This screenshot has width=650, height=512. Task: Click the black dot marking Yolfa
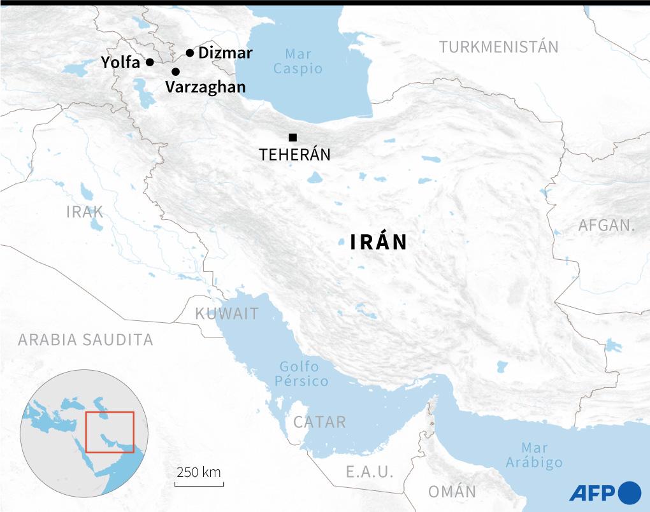[x=150, y=62]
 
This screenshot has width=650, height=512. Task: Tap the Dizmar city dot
[x=189, y=53]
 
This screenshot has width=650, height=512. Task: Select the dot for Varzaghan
[x=175, y=72]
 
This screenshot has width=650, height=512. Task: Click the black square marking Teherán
[x=292, y=137]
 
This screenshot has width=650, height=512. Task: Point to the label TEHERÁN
[x=294, y=155]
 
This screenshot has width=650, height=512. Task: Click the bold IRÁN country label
[x=379, y=243]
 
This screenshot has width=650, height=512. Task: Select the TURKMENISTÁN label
[x=499, y=46]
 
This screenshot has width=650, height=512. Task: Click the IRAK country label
[x=85, y=212]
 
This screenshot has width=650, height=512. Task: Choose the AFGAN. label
[x=607, y=225]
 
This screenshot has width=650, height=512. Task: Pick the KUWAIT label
[x=227, y=313]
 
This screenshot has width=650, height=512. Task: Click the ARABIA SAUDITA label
[x=85, y=339]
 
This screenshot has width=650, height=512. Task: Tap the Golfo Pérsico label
[x=304, y=374]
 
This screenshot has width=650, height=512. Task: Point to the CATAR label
[x=320, y=422]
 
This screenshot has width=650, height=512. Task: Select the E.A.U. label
[x=370, y=472]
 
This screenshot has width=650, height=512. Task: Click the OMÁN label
[x=452, y=492]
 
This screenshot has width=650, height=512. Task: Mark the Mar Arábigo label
[x=534, y=455]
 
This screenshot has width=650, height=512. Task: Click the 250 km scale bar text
[x=199, y=473]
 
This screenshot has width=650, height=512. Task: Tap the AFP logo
[x=604, y=492]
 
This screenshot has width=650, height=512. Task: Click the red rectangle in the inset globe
[x=110, y=432]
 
